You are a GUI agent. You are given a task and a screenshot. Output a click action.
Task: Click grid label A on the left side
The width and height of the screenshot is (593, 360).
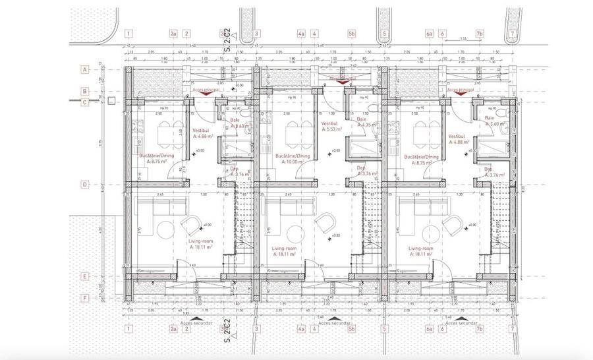pos(85,69)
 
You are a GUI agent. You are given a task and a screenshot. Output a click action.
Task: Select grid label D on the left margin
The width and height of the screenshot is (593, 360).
pos(85,185)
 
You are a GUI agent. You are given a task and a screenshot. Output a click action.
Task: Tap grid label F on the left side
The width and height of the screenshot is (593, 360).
pos(85,298)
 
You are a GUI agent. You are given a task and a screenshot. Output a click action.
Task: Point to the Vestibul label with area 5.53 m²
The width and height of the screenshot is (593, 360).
pos(332,127)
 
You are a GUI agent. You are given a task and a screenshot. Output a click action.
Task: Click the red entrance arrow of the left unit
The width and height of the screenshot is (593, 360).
pos(206,93)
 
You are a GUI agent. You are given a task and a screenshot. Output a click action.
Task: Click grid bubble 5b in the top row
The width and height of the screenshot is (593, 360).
pos(352,34)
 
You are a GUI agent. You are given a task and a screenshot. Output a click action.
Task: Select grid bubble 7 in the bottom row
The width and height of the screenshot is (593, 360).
pos(512,328)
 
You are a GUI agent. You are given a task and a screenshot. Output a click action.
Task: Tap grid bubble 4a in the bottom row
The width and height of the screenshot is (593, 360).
pos(301,328)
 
